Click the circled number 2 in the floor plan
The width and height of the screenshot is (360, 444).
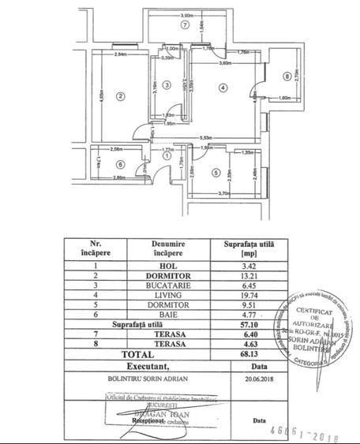[x=120, y=97]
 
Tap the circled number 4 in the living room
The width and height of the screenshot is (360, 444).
[x=223, y=87]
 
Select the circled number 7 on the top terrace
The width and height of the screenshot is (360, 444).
[x=185, y=25]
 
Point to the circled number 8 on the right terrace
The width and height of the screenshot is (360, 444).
[x=286, y=76]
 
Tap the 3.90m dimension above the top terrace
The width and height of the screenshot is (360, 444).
[x=187, y=15]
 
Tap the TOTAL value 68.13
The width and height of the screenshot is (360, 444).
[x=248, y=355]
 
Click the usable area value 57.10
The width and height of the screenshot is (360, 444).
[x=248, y=323]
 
